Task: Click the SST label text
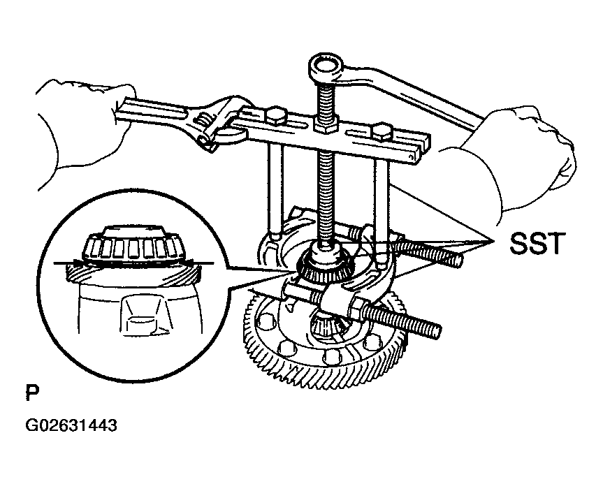(537, 242)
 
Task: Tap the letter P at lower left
(32, 393)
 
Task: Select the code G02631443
(71, 425)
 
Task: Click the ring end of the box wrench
(326, 69)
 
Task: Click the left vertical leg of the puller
(275, 189)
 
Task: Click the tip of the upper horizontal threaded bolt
(458, 261)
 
